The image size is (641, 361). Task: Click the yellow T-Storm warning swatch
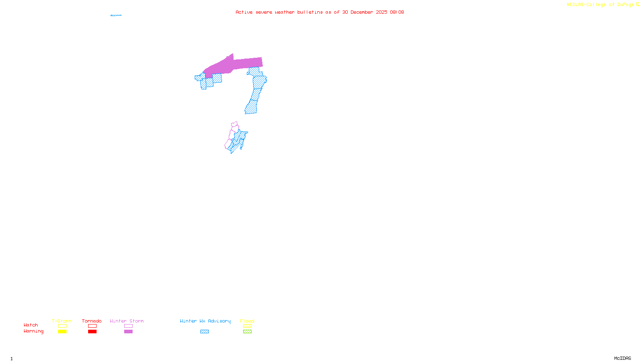coord(62,332)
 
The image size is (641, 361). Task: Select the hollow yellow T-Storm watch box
coord(62,326)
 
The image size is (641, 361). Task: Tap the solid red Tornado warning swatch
coord(92,332)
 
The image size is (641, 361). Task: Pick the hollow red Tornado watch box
coord(92,326)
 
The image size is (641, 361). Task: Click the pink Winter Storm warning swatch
coord(128,332)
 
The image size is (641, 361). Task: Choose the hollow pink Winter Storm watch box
coord(128,326)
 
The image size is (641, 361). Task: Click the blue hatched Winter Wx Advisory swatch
coord(204,332)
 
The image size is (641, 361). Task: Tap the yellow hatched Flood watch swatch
coord(247,326)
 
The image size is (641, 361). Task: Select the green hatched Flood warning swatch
coord(247,332)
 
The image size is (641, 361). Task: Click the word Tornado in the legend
coord(92,321)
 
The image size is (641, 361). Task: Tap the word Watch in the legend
coord(31,325)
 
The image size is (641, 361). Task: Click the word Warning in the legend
coord(33,331)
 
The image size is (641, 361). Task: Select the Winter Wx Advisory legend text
coord(205,321)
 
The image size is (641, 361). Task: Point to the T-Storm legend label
coord(62,321)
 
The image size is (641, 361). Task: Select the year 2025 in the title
coord(381,12)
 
